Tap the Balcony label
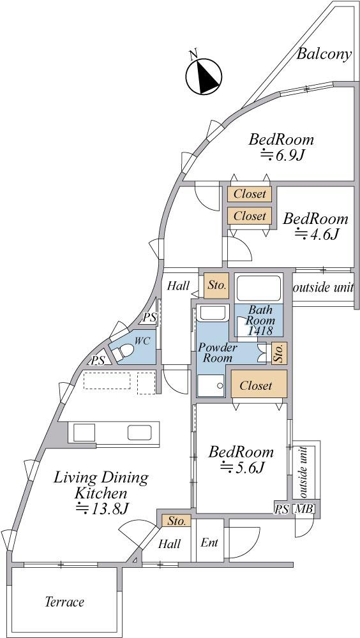(324, 54)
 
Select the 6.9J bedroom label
(281, 147)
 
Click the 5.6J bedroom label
(241, 460)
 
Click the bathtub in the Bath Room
(259, 288)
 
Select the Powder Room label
(218, 353)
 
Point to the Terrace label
(64, 602)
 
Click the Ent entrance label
(210, 542)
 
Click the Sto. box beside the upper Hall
(216, 286)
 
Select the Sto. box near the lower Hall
(177, 521)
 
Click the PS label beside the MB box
(283, 508)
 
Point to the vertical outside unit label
(303, 472)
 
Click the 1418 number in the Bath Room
(260, 330)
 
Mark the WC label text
(142, 341)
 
